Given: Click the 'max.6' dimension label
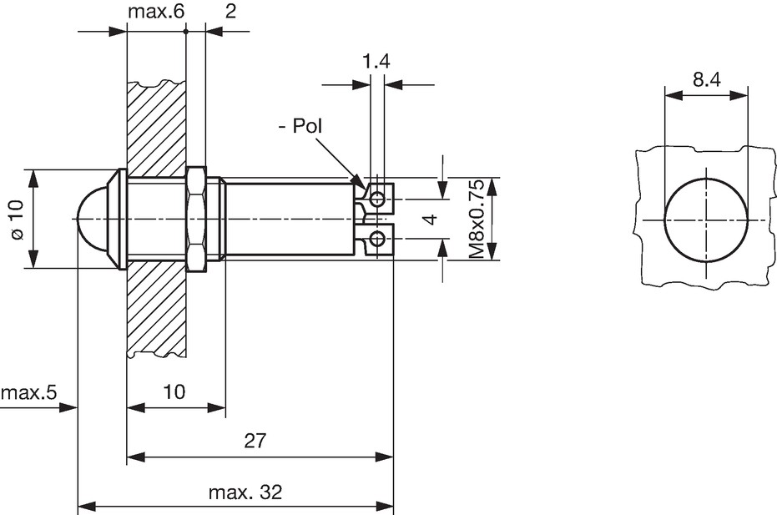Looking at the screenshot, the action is click(x=156, y=12).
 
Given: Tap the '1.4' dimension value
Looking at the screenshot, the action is click(x=376, y=62).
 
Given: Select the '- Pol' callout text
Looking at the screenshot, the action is click(x=300, y=126).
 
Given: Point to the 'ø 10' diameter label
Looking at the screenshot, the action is click(x=17, y=220).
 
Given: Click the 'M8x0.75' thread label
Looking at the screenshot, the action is click(x=477, y=219).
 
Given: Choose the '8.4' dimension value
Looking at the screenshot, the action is click(x=707, y=79).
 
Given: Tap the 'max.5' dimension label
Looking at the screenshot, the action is click(x=29, y=392).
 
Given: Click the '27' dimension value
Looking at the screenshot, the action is click(x=255, y=440).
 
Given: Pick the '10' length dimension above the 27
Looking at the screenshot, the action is click(x=174, y=391).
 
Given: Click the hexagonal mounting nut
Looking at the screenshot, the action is click(x=196, y=219).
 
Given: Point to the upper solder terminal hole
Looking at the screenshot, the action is click(x=377, y=199).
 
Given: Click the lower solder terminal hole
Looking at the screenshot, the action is click(x=377, y=239).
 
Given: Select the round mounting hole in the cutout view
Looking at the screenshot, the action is click(x=705, y=220).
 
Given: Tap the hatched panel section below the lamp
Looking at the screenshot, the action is click(x=156, y=307).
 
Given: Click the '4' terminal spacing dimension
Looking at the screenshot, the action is click(x=432, y=219).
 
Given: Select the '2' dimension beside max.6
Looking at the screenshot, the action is click(x=231, y=12).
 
